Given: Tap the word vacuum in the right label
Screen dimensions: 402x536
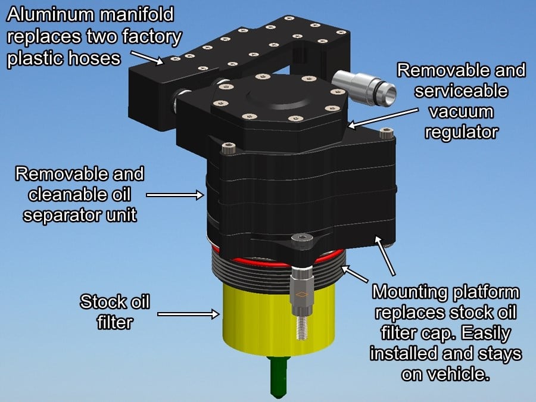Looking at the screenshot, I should tap(461, 111).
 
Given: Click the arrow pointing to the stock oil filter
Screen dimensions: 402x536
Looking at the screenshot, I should tap(187, 312).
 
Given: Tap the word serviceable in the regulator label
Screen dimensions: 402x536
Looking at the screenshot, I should tap(461, 91).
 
